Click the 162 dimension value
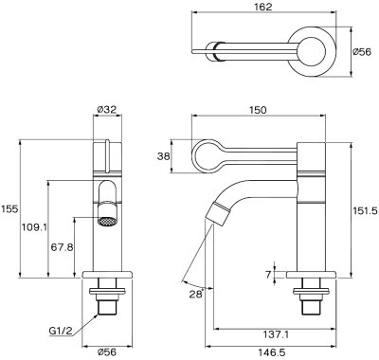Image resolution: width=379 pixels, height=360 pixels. (x=263, y=7)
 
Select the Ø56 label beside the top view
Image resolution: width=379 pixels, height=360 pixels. (x=362, y=52)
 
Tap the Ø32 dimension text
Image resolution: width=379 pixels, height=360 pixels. (x=107, y=109)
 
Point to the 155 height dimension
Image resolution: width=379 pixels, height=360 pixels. (x=9, y=208)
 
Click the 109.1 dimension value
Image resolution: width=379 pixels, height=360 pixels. (x=34, y=226)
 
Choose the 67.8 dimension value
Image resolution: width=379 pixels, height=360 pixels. (x=62, y=247)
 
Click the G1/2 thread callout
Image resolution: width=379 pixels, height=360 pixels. (x=61, y=331)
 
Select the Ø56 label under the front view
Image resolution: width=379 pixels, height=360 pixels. (x=107, y=351)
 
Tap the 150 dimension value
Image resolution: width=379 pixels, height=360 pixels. (x=258, y=110)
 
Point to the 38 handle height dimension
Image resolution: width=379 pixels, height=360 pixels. (x=164, y=156)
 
